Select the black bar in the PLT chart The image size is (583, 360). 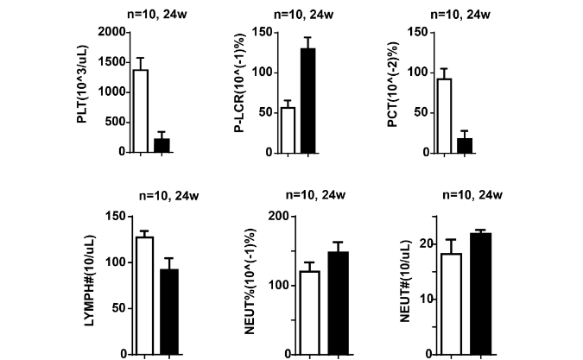[x=162, y=145]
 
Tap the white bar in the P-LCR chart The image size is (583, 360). [x=288, y=129]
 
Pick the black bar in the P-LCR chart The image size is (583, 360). [x=308, y=100]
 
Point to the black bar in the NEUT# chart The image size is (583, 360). [x=480, y=294]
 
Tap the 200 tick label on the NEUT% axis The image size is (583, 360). [x=276, y=216]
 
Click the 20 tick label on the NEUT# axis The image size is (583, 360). [x=424, y=244]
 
